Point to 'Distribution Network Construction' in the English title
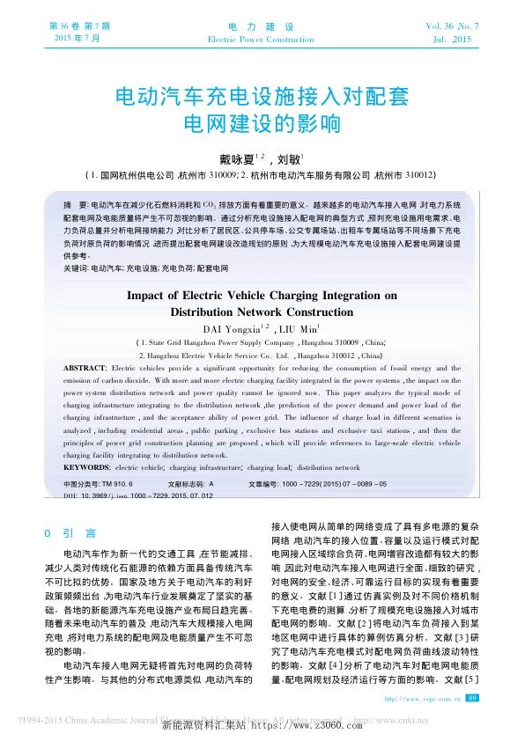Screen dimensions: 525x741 pyautogui.click(x=262, y=312)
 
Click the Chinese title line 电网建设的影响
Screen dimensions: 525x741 pyautogui.click(x=262, y=124)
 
